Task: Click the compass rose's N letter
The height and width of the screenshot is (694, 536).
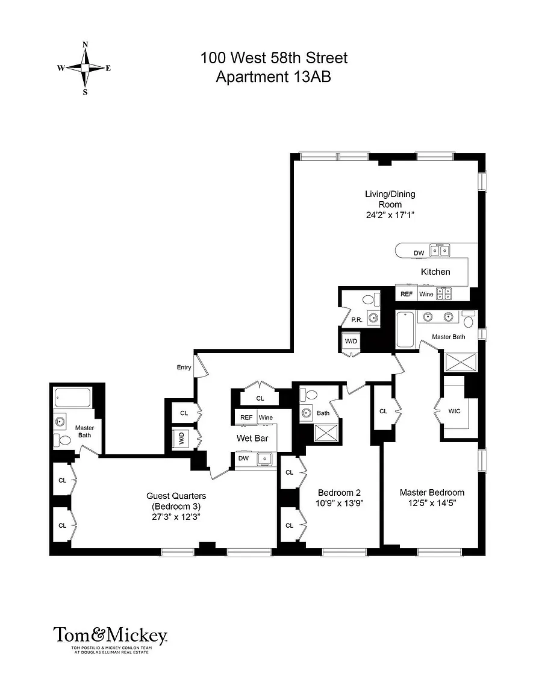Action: tap(86, 44)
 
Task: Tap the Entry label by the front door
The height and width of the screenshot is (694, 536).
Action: tap(184, 367)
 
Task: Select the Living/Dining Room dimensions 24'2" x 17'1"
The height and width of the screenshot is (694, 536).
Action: tap(390, 216)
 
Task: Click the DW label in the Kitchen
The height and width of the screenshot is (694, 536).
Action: tap(419, 253)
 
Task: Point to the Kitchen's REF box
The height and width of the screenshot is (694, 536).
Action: tap(407, 294)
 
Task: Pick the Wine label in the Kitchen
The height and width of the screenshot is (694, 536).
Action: tap(426, 294)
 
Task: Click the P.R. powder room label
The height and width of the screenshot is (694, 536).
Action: tap(357, 319)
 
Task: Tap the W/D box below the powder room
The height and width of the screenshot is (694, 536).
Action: tap(351, 341)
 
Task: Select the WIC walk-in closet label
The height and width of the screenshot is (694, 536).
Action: tap(455, 411)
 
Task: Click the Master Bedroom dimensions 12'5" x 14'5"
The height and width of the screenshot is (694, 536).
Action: tap(432, 503)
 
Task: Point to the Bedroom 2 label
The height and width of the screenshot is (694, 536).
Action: tap(339, 493)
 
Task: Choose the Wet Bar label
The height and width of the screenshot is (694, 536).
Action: tap(252, 438)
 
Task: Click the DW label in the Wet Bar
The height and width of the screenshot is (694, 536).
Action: tap(243, 458)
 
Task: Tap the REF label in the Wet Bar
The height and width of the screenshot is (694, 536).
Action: tap(246, 417)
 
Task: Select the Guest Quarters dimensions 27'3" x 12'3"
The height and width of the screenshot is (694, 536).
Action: tap(176, 517)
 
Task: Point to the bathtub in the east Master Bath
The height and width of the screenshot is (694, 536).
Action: tap(405, 330)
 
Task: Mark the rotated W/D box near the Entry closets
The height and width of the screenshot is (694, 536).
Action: tap(181, 439)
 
